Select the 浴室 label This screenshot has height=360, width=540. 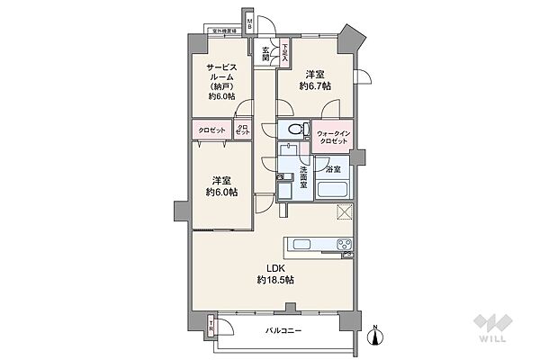[x=332, y=168]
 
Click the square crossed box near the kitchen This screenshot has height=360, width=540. [x=344, y=211]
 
